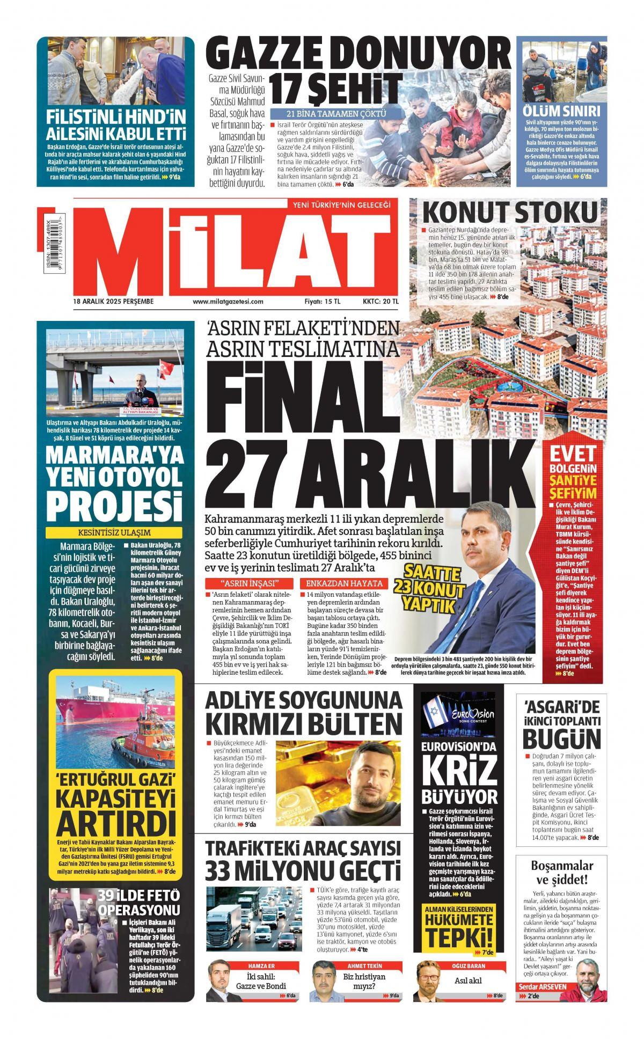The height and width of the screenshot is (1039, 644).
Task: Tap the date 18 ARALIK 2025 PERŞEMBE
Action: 114,301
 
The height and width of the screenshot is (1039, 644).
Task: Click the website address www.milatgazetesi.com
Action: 228,301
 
